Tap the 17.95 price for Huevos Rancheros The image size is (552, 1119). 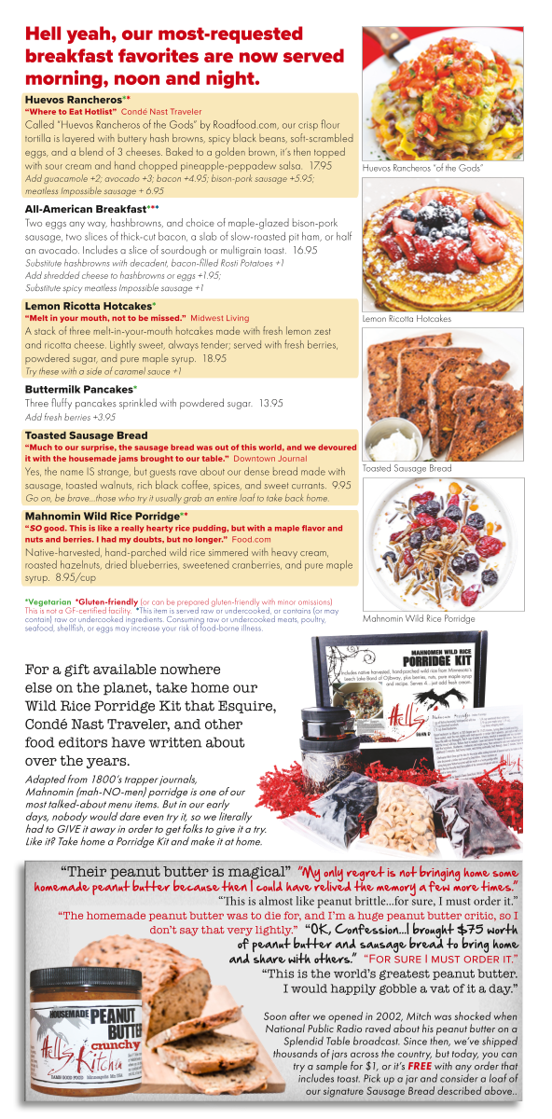tap(320, 164)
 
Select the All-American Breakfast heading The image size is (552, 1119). tap(85, 209)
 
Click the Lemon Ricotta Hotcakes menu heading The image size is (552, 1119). tap(88, 306)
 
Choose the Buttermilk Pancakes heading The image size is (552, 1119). tap(78, 388)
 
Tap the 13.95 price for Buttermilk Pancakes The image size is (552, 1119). tap(271, 403)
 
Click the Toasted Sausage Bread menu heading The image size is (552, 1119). tap(86, 435)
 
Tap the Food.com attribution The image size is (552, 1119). tap(251, 539)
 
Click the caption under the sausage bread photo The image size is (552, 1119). tap(407, 468)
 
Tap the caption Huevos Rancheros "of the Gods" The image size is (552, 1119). tap(421, 168)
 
